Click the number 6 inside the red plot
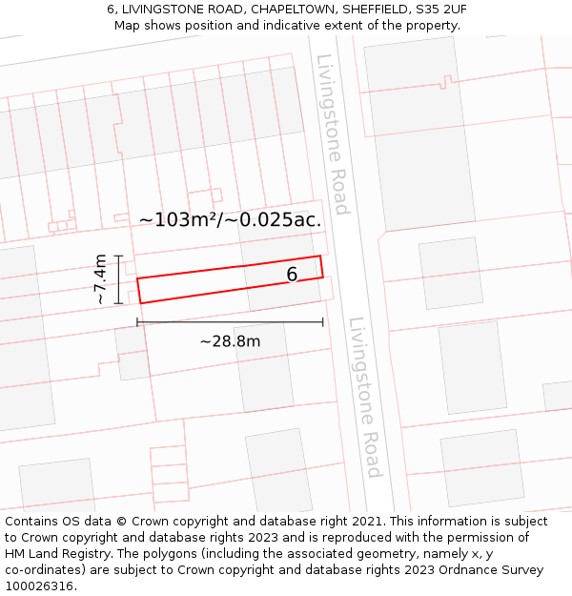pyautogui.click(x=292, y=275)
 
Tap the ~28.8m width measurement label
pyautogui.click(x=230, y=340)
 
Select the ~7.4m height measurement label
pyautogui.click(x=99, y=278)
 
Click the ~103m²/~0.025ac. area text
pyautogui.click(x=230, y=219)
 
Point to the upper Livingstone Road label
pyautogui.click(x=332, y=134)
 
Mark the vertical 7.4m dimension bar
pyautogui.click(x=118, y=278)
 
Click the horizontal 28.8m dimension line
pyautogui.click(x=230, y=322)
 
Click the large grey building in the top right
pyautogui.click(x=419, y=134)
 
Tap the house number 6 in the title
pyautogui.click(x=111, y=10)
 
